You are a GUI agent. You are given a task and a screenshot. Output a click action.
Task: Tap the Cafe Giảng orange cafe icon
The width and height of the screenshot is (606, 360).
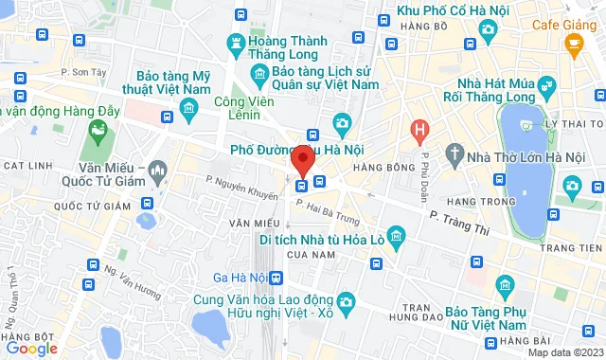(573, 42)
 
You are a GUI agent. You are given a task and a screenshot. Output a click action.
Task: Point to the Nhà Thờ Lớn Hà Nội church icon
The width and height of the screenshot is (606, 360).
(455, 154)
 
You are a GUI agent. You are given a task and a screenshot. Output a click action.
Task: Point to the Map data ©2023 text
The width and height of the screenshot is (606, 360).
(564, 352)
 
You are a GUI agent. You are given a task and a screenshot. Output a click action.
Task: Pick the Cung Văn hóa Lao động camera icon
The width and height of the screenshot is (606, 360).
(346, 302)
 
